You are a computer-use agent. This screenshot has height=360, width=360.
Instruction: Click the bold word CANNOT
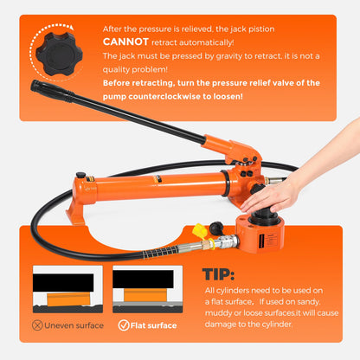click(125, 42)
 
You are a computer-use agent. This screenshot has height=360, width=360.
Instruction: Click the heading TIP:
click(218, 274)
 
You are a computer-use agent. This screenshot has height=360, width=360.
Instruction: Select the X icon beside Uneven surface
click(37, 325)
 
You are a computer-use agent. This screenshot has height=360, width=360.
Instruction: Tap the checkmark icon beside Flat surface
click(124, 325)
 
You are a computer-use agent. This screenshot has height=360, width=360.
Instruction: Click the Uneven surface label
click(74, 325)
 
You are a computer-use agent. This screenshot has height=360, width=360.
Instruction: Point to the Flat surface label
click(153, 325)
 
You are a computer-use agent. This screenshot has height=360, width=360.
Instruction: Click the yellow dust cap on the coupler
click(200, 231)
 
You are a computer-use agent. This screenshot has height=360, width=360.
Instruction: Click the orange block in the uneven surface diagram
click(68, 299)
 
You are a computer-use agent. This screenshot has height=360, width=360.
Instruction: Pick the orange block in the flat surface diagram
click(145, 295)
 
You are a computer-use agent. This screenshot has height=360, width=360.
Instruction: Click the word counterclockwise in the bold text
click(164, 96)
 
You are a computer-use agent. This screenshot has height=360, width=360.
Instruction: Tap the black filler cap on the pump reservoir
click(80, 175)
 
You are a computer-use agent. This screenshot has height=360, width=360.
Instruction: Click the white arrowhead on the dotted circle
click(71, 28)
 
